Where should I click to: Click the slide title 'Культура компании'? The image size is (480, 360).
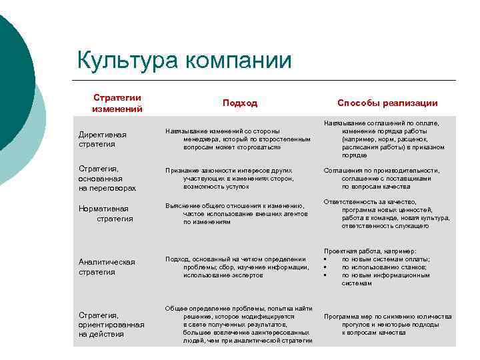tap(184, 61)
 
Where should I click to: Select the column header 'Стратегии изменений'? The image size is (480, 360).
tap(117, 103)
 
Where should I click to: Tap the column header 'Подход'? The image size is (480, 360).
tap(239, 103)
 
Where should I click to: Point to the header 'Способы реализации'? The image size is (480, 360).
tap(387, 103)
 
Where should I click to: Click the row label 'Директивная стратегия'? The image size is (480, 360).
tap(102, 139)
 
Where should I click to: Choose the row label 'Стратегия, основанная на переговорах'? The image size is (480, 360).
tap(107, 179)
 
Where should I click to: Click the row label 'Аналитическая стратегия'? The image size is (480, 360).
tap(106, 267)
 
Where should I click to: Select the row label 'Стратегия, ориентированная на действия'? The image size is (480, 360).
tap(111, 324)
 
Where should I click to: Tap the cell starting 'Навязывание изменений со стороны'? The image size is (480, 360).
tap(237, 139)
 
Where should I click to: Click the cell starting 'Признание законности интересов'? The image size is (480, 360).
tap(237, 179)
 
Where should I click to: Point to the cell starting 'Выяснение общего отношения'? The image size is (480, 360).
tap(238, 213)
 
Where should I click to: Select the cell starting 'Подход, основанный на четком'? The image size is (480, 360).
tap(237, 267)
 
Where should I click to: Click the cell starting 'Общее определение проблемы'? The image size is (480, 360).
tap(239, 325)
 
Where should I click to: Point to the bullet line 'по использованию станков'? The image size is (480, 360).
tap(385, 267)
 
